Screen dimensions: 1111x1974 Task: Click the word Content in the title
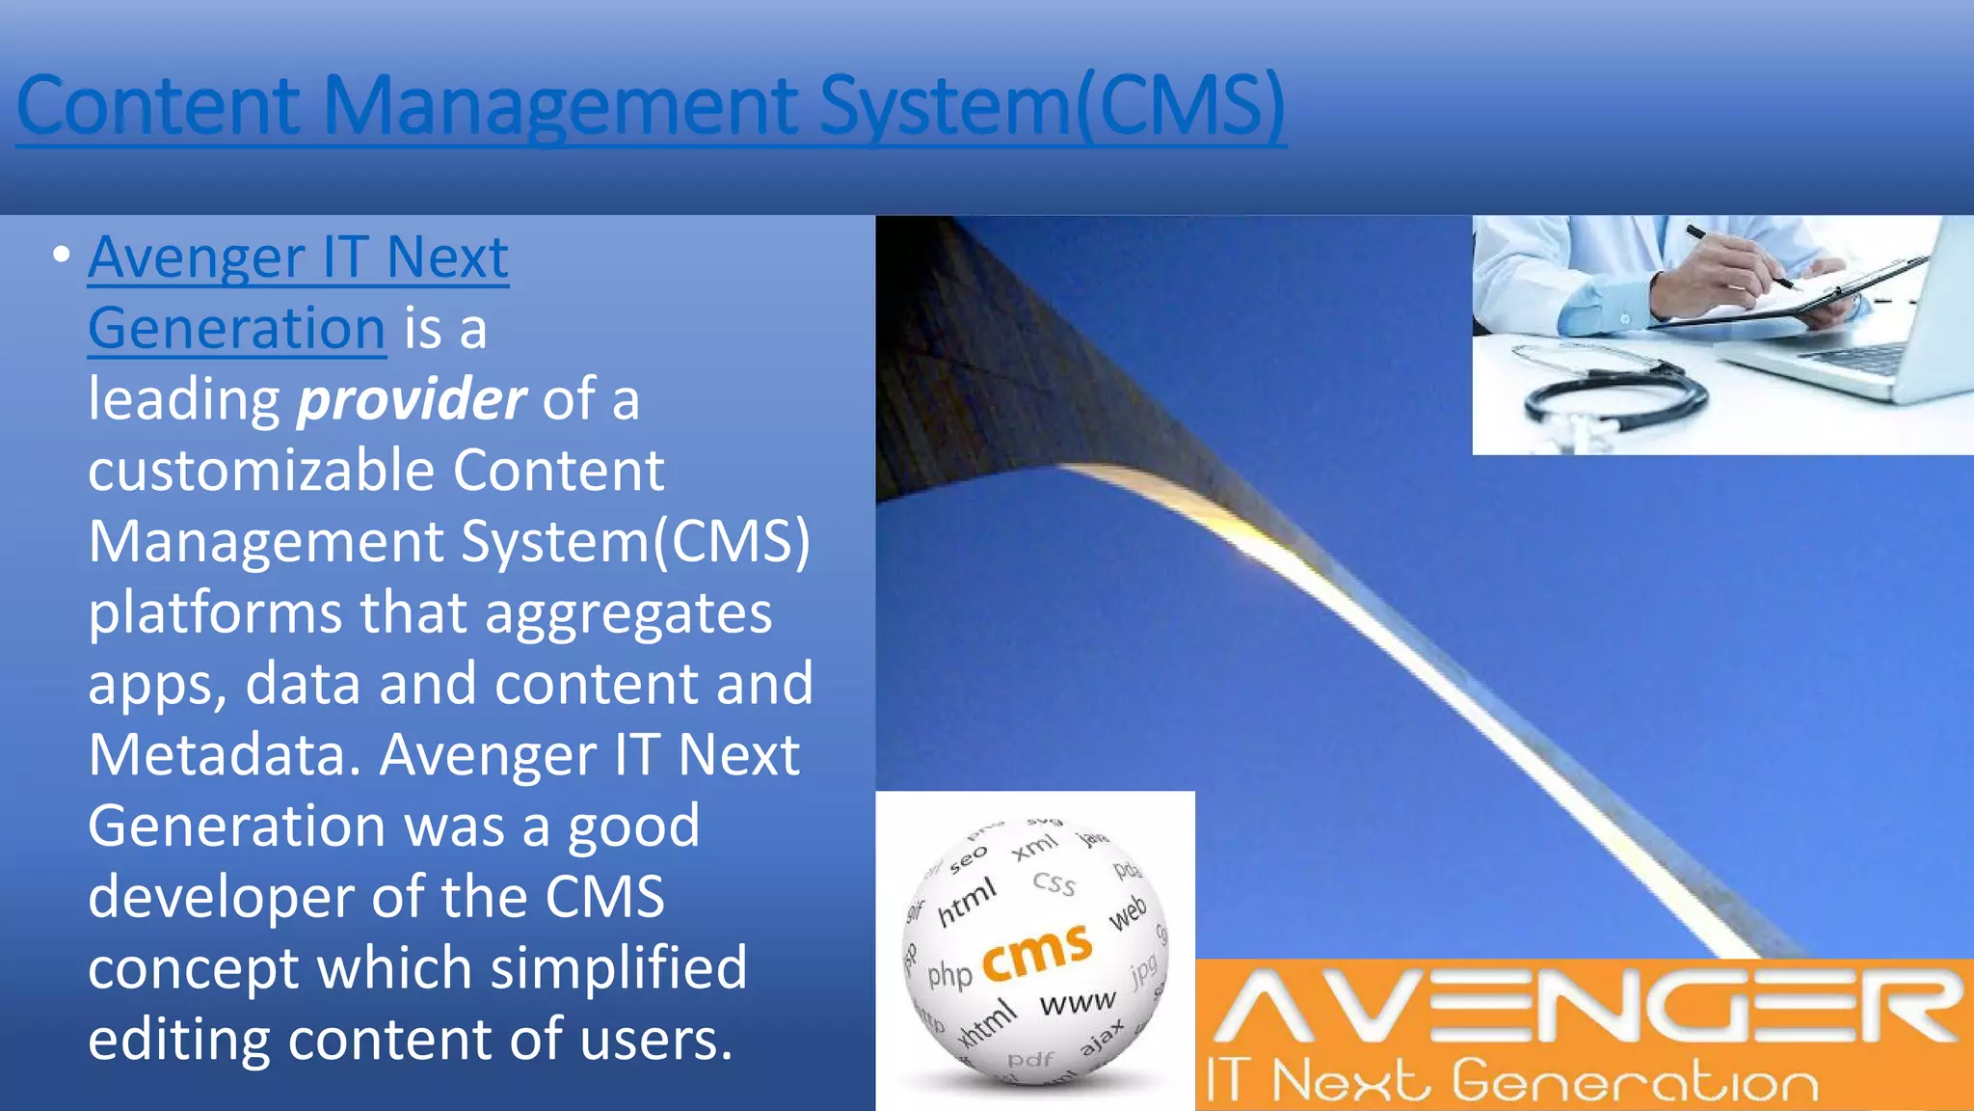[x=159, y=106]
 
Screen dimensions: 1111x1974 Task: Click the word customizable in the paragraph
[x=261, y=472]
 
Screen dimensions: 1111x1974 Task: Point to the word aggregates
[x=628, y=613]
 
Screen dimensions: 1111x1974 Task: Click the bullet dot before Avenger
[x=62, y=256]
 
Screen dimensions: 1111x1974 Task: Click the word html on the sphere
[x=966, y=902]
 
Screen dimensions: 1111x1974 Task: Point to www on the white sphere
[x=1078, y=1003]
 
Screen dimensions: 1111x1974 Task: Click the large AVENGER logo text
[x=1586, y=1008]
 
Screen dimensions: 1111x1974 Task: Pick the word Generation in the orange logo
[x=1635, y=1081]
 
